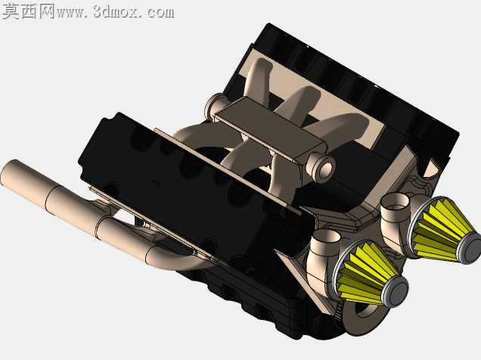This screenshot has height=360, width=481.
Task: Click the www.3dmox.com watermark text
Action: (x=116, y=12)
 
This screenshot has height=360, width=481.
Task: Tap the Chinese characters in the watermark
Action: (x=29, y=11)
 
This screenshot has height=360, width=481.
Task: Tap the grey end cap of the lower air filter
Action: (x=396, y=290)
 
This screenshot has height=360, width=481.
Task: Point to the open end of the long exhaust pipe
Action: (x=7, y=172)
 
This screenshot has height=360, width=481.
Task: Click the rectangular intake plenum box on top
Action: (x=270, y=129)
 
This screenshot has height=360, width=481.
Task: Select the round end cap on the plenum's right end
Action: (x=321, y=167)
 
